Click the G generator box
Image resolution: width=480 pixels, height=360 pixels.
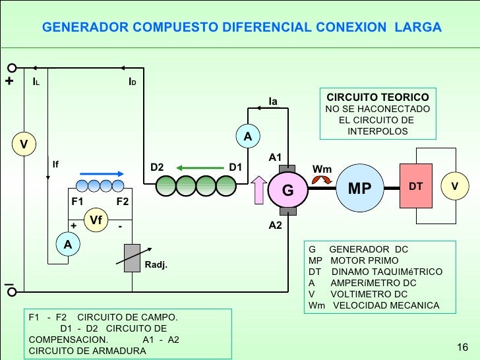(287, 190)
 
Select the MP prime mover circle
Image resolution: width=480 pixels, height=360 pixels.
(359, 189)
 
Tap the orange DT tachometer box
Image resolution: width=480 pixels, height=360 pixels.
(415, 187)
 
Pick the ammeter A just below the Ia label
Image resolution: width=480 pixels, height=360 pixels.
(248, 136)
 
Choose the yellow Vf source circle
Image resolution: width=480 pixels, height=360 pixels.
(96, 220)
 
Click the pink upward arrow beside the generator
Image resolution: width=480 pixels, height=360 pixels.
(259, 191)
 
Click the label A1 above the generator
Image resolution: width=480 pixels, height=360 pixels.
(276, 158)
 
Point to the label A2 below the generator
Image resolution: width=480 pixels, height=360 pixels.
(276, 225)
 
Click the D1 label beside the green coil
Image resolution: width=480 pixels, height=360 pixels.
(235, 167)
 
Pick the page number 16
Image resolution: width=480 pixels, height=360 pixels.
(462, 347)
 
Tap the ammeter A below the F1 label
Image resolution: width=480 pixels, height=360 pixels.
(67, 244)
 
